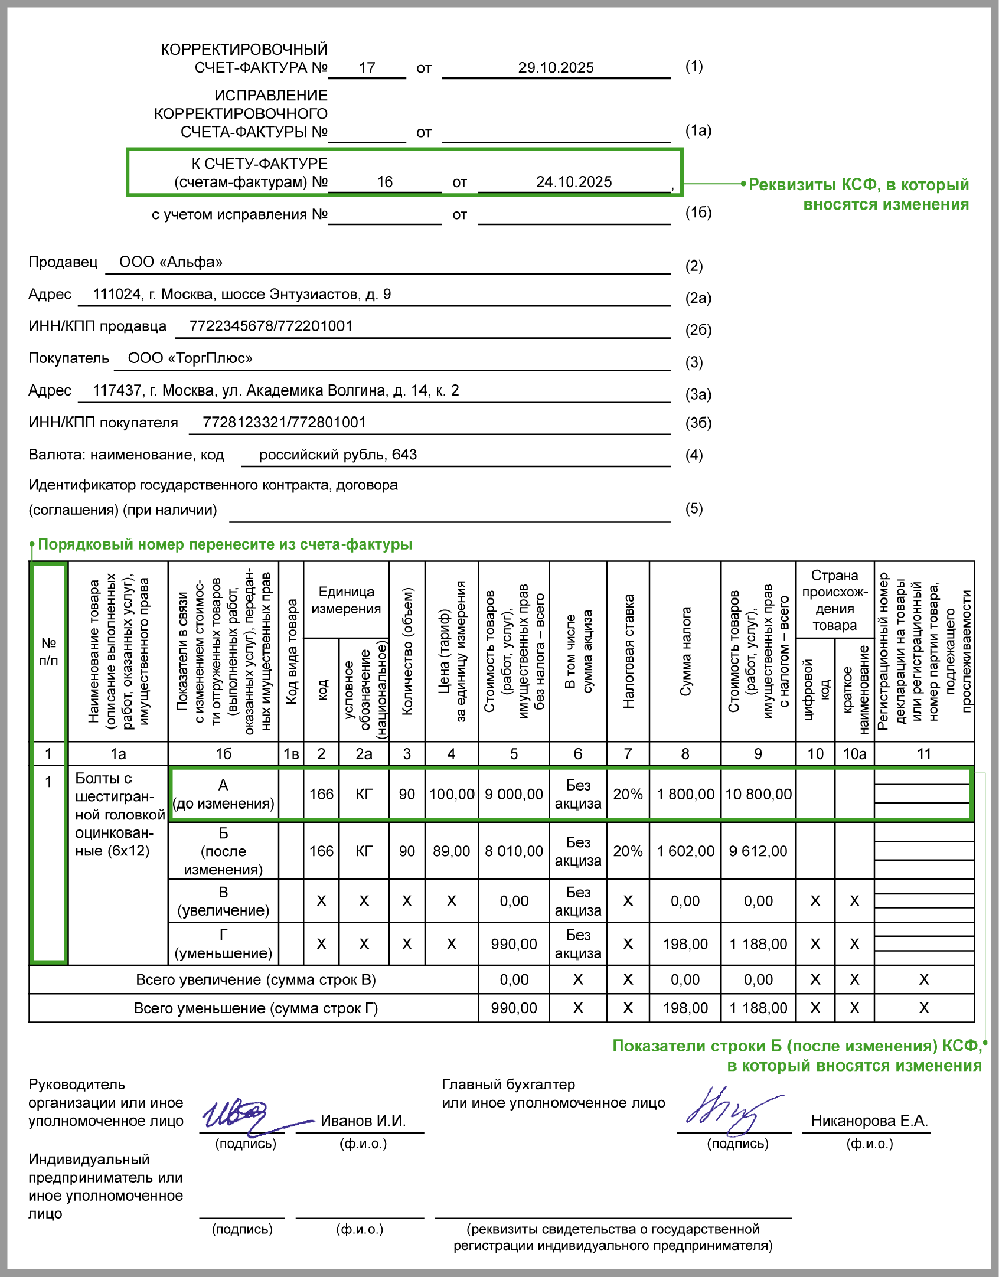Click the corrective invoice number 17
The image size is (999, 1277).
click(x=367, y=68)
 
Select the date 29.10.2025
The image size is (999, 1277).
click(x=556, y=68)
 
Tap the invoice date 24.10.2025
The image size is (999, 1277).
click(x=574, y=182)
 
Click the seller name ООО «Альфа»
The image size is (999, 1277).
click(x=171, y=262)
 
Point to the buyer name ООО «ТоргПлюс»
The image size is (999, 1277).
click(x=190, y=358)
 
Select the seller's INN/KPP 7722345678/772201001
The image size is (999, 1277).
click(x=271, y=326)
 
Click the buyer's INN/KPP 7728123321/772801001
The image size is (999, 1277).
click(x=284, y=423)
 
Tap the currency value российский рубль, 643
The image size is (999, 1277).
click(x=338, y=455)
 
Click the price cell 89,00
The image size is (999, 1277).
click(x=451, y=851)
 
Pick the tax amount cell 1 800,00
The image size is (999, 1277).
click(x=685, y=795)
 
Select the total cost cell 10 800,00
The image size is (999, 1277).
click(x=758, y=795)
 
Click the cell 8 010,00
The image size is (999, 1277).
click(x=514, y=851)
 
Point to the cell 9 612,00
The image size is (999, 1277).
click(x=758, y=851)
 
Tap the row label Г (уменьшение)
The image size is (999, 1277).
click(x=223, y=944)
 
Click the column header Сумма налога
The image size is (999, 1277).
click(x=685, y=652)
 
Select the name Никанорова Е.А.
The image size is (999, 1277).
click(x=869, y=1121)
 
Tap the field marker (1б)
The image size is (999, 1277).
click(x=698, y=213)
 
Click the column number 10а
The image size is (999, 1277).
click(x=854, y=754)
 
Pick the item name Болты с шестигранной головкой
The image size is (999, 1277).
click(x=118, y=814)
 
